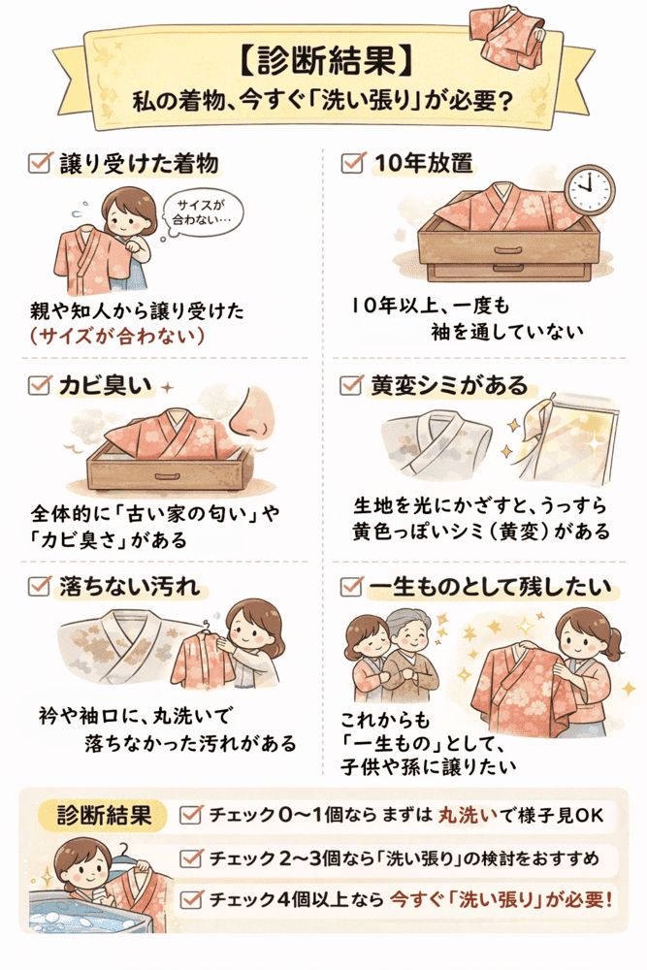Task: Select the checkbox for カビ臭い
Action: click(40, 385)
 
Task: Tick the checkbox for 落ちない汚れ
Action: click(40, 585)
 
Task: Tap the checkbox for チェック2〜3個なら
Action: click(191, 857)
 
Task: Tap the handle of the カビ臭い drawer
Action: click(163, 475)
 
